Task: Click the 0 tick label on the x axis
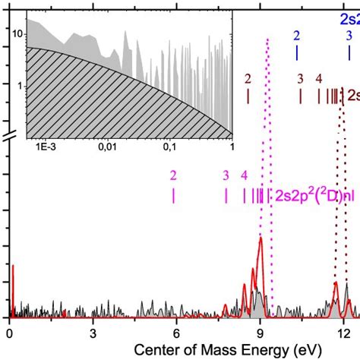[x=9, y=332]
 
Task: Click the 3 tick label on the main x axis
[x=93, y=332]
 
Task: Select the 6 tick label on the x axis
[x=176, y=332]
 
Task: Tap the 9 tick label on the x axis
[x=260, y=332]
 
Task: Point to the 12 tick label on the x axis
[x=343, y=332]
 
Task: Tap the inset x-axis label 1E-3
[x=43, y=147]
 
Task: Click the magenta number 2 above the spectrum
[x=174, y=175]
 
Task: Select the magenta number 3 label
[x=226, y=175]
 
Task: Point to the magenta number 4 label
[x=244, y=175]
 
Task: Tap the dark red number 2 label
[x=248, y=78]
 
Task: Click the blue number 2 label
[x=296, y=36]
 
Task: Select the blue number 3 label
[x=349, y=36]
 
